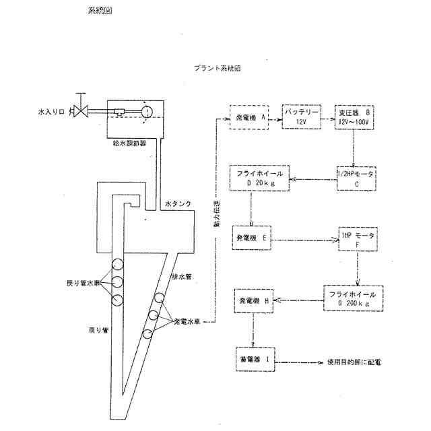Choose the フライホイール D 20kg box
pos(263,178)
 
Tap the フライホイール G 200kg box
pos(356,298)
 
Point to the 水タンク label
pos(178,201)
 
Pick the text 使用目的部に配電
pos(354,362)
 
